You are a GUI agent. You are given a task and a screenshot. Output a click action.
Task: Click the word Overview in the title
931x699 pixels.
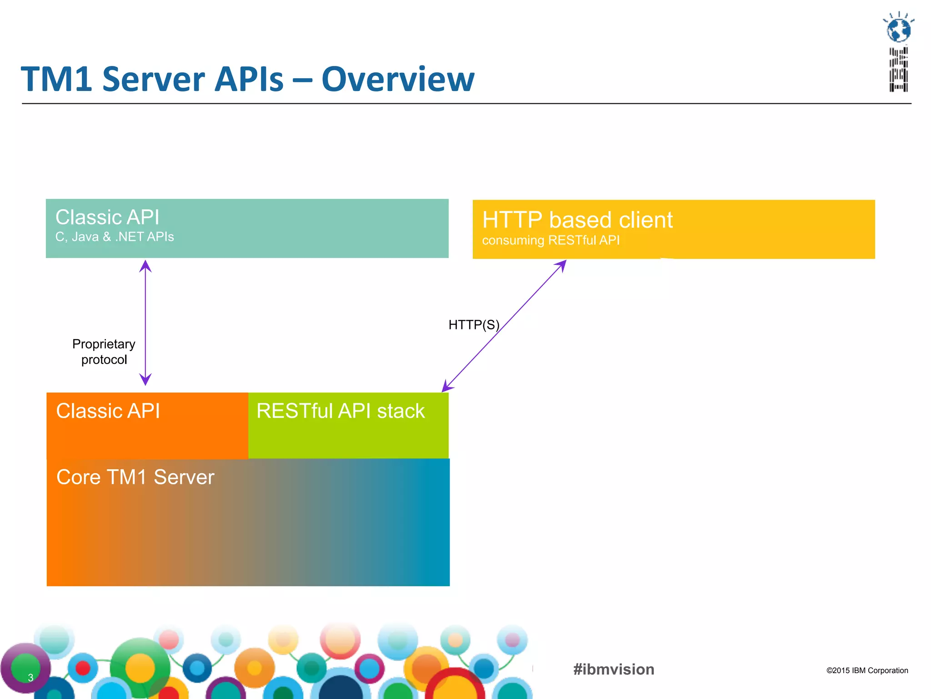(x=398, y=80)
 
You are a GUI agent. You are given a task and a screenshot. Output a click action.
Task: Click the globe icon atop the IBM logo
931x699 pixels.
(x=899, y=30)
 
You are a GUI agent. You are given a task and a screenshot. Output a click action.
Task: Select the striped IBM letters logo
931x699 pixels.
(x=899, y=69)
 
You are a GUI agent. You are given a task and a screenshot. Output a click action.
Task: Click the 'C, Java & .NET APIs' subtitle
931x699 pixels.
(x=115, y=237)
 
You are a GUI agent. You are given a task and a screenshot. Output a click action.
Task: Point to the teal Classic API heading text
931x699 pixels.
(x=107, y=217)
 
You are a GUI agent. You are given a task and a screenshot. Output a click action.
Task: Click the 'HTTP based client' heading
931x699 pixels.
(x=577, y=220)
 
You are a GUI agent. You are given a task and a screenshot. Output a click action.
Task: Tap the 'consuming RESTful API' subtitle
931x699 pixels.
(x=551, y=240)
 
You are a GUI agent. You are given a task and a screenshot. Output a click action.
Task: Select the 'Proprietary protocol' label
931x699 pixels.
(x=104, y=352)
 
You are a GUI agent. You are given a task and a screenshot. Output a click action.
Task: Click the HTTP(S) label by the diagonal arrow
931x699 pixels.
(x=474, y=325)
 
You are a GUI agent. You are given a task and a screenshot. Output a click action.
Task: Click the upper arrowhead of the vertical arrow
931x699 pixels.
(x=145, y=266)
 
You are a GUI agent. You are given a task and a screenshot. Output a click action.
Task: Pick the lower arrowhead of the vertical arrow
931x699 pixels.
(x=145, y=380)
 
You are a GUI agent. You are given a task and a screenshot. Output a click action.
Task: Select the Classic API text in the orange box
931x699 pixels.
(x=108, y=411)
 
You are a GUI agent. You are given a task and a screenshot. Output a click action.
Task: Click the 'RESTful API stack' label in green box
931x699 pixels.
(x=340, y=411)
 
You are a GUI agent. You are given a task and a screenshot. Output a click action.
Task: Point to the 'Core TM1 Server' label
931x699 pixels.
(x=135, y=477)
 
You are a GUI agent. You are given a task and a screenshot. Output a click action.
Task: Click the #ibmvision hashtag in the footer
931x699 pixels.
(x=614, y=669)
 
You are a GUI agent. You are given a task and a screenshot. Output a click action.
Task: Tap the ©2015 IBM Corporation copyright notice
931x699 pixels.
(x=867, y=670)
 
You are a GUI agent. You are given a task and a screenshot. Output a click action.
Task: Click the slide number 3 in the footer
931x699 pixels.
(x=30, y=677)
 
